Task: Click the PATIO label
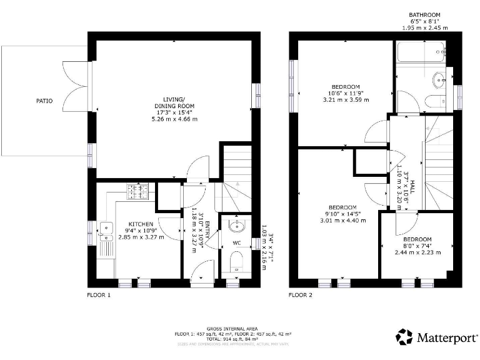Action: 44,101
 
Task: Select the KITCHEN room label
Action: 141,224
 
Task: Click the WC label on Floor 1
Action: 237,242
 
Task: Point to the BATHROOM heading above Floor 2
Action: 424,14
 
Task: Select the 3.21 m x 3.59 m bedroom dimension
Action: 346,100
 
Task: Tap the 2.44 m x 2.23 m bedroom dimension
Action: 417,252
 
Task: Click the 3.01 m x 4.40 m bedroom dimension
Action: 342,220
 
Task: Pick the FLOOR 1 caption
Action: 99,294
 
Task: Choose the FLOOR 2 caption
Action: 301,294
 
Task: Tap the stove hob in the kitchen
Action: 137,190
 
